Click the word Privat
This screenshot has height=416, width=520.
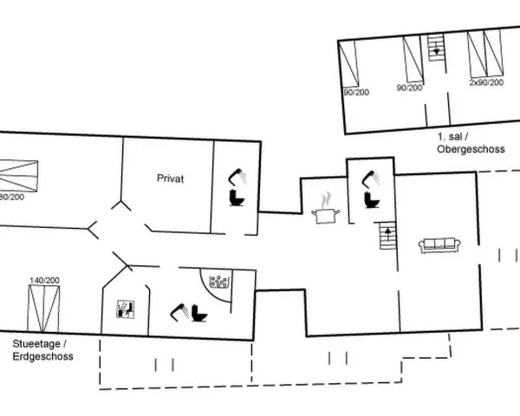pyautogui.click(x=170, y=179)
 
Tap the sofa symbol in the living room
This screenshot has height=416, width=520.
pyautogui.click(x=439, y=245)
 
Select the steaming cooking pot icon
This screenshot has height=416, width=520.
pyautogui.click(x=325, y=208)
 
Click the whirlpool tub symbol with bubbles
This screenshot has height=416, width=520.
pyautogui.click(x=218, y=282)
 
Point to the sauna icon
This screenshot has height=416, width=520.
pyautogui.click(x=126, y=309)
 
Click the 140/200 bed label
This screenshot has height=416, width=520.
pyautogui.click(x=44, y=280)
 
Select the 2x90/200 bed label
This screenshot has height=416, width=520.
pyautogui.click(x=486, y=82)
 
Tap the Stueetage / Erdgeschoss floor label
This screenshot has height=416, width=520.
pyautogui.click(x=42, y=350)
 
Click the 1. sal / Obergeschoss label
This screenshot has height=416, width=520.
pyautogui.click(x=471, y=143)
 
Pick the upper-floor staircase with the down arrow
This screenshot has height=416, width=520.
pyautogui.click(x=436, y=49)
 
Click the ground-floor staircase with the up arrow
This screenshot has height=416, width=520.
pyautogui.click(x=387, y=236)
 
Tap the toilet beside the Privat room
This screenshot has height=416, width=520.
pyautogui.click(x=237, y=198)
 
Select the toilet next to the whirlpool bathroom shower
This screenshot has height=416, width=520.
pyautogui.click(x=199, y=313)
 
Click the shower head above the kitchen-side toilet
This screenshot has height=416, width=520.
pyautogui.click(x=372, y=178)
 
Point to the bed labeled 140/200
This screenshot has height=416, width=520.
pyautogui.click(x=43, y=309)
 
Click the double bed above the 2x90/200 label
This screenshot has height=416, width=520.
pyautogui.click(x=484, y=54)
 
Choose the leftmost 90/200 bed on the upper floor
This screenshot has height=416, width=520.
pyautogui.click(x=349, y=62)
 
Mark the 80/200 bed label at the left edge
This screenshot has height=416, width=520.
pyautogui.click(x=12, y=197)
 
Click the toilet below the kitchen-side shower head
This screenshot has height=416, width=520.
pyautogui.click(x=372, y=200)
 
